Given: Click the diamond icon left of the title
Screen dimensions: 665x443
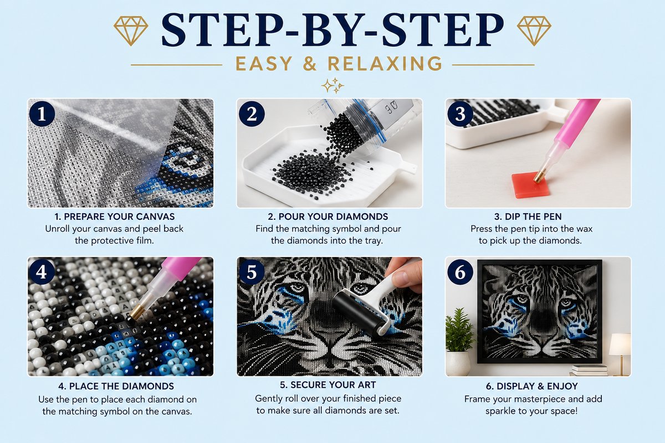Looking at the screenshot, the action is (x=131, y=31).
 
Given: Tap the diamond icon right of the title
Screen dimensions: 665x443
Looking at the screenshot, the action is (x=534, y=31).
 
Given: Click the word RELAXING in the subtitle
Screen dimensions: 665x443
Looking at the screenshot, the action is (x=385, y=64).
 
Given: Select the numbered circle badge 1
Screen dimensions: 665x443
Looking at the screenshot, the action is (x=42, y=114).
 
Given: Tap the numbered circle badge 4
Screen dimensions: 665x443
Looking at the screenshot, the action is (x=42, y=272).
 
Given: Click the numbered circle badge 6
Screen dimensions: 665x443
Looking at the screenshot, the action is (x=460, y=272).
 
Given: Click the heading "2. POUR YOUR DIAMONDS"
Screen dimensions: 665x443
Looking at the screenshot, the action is (x=328, y=217).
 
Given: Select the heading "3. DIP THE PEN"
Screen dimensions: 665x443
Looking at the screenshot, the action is (x=528, y=217).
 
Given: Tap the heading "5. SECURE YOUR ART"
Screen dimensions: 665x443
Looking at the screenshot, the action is (x=328, y=385).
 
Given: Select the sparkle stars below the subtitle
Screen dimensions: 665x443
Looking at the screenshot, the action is (x=332, y=85).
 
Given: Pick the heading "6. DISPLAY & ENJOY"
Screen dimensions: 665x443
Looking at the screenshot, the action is (x=531, y=387).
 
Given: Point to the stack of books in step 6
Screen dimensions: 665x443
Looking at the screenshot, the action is (x=585, y=370).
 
